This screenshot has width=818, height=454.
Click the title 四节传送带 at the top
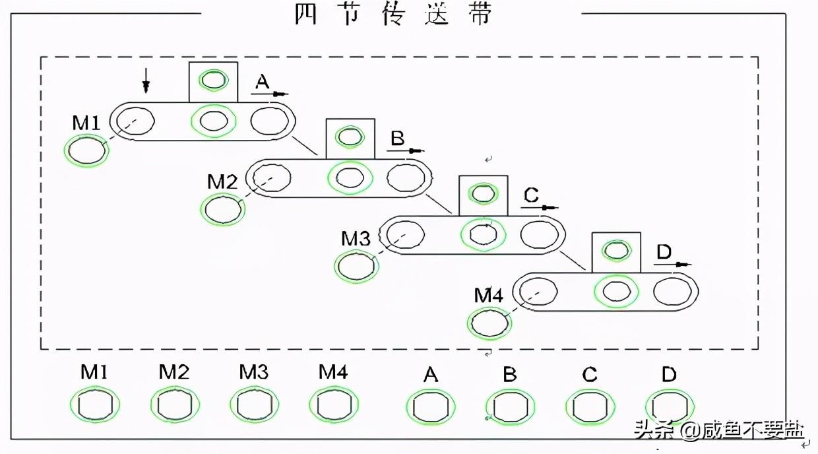(x=393, y=15)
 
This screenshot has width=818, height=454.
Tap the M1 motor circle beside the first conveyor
(x=86, y=150)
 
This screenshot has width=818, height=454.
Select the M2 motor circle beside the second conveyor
(x=223, y=209)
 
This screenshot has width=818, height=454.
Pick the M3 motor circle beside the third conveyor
(x=356, y=267)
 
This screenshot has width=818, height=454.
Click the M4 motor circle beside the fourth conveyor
(x=489, y=323)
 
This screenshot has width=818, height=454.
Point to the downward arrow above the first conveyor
(x=146, y=81)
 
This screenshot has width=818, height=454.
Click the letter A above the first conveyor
(x=262, y=82)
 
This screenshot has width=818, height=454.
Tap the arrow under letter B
(x=405, y=150)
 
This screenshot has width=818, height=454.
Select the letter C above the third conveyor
(x=531, y=195)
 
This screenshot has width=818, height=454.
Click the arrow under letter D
(x=672, y=264)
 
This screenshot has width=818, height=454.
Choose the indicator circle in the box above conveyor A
(x=214, y=80)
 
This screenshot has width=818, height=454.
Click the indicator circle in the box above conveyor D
(x=616, y=251)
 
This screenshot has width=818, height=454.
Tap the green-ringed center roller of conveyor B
(x=350, y=178)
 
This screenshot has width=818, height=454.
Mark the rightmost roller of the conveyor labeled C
(x=540, y=234)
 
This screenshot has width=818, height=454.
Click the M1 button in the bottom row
(x=95, y=405)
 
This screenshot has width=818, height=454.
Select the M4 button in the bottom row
(x=334, y=405)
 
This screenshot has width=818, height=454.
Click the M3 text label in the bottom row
(x=254, y=372)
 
